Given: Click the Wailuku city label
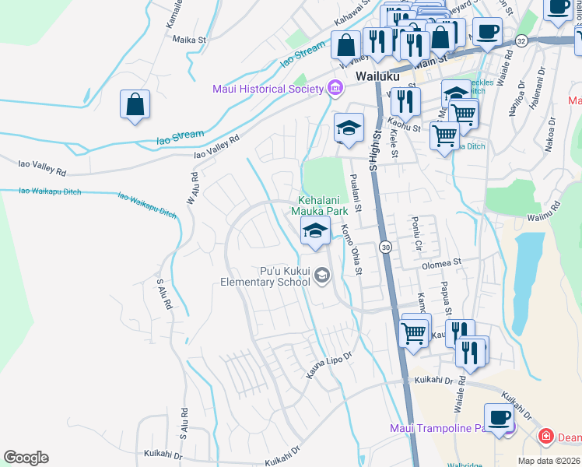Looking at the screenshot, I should [377, 76].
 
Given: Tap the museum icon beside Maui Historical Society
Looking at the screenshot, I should [335, 87].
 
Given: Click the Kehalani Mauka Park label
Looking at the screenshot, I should [319, 205].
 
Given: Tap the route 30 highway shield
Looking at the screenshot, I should [385, 247].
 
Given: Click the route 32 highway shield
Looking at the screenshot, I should [521, 40].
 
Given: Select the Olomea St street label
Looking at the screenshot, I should [441, 264].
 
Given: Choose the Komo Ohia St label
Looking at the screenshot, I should [352, 249].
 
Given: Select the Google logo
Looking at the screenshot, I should [26, 458].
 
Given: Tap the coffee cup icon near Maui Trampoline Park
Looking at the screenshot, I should [499, 416].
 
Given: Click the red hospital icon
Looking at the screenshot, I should [546, 437].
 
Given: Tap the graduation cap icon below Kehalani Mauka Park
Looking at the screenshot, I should [315, 230].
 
